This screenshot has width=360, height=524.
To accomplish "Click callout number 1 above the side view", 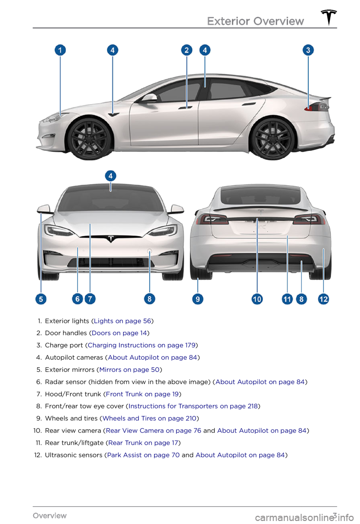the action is pyautogui.click(x=60, y=50).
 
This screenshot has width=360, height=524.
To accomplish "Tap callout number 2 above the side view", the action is pyautogui.click(x=186, y=50).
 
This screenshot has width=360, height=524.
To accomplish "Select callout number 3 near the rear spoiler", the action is pyautogui.click(x=308, y=50).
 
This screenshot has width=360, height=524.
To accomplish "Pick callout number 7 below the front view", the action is pyautogui.click(x=90, y=299).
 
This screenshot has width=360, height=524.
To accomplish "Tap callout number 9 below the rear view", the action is pyautogui.click(x=198, y=299).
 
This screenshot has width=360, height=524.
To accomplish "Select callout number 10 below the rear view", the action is pyautogui.click(x=257, y=299).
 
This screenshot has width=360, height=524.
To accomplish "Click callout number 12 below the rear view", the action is pyautogui.click(x=323, y=299).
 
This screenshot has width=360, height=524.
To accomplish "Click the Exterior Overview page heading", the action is pyautogui.click(x=255, y=21).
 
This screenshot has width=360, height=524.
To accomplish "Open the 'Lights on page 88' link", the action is pyautogui.click(x=122, y=321).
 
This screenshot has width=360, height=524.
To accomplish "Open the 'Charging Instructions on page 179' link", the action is pyautogui.click(x=141, y=345).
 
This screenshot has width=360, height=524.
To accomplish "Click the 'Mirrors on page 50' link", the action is pyautogui.click(x=129, y=370).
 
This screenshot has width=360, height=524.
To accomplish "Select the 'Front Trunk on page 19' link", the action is pyautogui.click(x=142, y=394).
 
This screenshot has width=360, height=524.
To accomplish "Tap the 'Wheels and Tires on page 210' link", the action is pyautogui.click(x=149, y=418).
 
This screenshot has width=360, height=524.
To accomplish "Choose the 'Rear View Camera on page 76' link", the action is pyautogui.click(x=154, y=431).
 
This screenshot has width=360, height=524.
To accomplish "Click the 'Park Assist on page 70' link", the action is pyautogui.click(x=144, y=455).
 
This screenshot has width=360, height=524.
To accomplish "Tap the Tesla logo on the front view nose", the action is pyautogui.click(x=111, y=239).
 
